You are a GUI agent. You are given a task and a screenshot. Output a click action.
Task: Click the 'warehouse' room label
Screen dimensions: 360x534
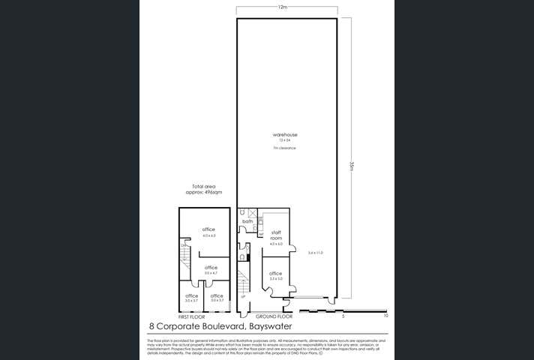tap(283, 135)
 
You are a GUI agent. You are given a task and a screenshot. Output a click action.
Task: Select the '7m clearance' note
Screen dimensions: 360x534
tap(283, 148)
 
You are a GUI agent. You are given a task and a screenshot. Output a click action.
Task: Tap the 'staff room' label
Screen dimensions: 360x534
tap(276, 235)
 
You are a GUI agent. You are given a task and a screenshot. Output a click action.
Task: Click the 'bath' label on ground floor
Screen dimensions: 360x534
tap(247, 222)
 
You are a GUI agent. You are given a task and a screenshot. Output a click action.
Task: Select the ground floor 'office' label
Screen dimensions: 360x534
tap(275, 274)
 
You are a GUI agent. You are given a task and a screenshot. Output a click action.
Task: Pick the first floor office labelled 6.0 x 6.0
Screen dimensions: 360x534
tap(208, 229)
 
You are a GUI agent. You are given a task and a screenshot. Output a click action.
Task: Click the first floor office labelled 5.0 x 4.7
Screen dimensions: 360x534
tap(211, 268)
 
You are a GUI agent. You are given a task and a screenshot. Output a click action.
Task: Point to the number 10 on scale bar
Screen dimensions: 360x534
tap(385, 316)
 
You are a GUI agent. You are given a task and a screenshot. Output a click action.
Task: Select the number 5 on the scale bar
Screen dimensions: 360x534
tap(342, 316)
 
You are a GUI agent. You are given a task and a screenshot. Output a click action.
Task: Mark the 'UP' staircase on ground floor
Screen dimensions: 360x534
tap(242, 289)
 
